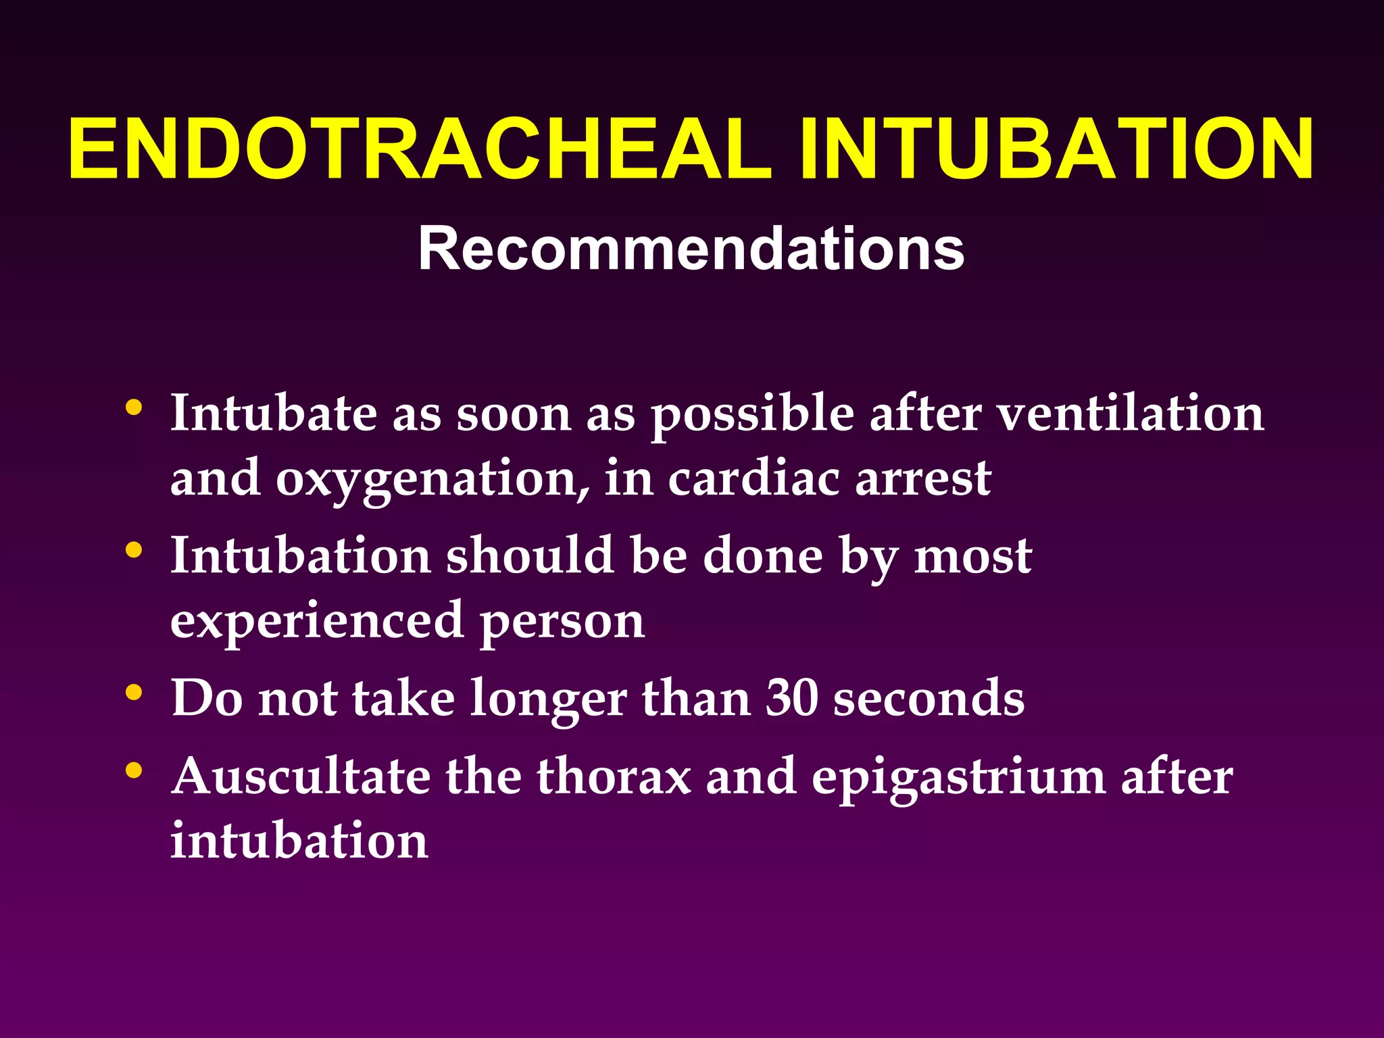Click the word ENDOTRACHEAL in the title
coord(420,149)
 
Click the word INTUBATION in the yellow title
coord(1056,149)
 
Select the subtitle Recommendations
coord(691,249)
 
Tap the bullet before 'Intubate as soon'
coord(134,408)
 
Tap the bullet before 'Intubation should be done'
coord(134,551)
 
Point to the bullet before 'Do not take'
coord(134,693)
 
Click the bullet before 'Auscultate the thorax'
coord(134,770)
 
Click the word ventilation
coord(1131,414)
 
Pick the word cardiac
coord(753,478)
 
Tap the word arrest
coord(923,478)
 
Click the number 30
coord(791,697)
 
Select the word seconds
coord(929,697)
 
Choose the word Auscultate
coord(301,776)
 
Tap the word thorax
coord(614,776)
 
